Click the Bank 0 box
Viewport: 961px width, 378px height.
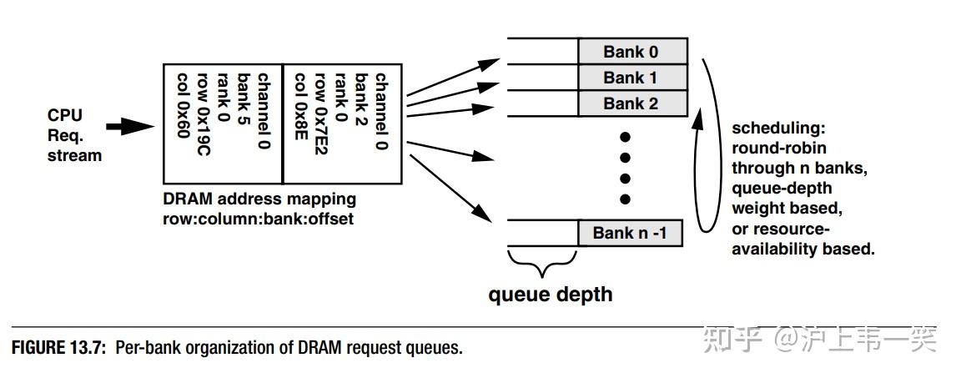click(x=631, y=51)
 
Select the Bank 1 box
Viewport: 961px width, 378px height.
click(x=631, y=78)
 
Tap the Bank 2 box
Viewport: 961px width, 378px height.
click(x=631, y=103)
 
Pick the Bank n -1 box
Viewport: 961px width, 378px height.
click(x=630, y=234)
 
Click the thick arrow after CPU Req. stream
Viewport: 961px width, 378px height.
click(x=130, y=127)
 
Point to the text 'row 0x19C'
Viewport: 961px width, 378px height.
click(x=204, y=114)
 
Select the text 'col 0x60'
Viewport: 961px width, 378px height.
click(x=184, y=105)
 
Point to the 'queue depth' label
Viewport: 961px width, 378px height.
click(x=551, y=294)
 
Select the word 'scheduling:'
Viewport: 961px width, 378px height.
click(x=779, y=129)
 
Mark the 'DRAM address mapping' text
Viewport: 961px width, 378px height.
click(x=259, y=199)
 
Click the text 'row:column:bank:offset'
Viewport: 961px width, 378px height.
click(x=258, y=219)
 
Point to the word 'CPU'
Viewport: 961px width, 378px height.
click(x=64, y=115)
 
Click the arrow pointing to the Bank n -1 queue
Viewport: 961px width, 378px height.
click(x=450, y=188)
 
